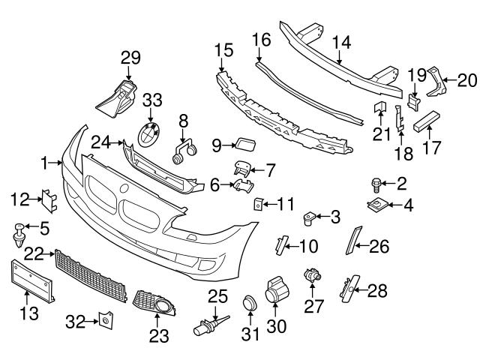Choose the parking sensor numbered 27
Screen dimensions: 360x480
coord(310,277)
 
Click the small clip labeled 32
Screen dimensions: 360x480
coord(105,321)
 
